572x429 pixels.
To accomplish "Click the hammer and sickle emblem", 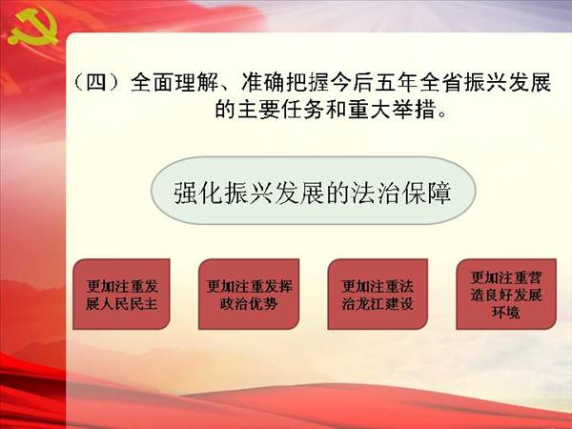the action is (x=33, y=28).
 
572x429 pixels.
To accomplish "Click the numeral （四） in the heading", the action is (x=96, y=82).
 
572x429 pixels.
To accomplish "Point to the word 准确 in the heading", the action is (x=263, y=83).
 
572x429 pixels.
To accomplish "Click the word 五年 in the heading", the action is (x=397, y=83).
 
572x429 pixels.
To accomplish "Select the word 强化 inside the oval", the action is (x=199, y=193).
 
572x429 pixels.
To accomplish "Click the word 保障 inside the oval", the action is (x=426, y=193).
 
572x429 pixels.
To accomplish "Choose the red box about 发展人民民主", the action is (x=121, y=294).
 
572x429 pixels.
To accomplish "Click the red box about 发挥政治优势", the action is (x=249, y=294).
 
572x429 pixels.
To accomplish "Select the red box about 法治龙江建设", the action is (x=378, y=294).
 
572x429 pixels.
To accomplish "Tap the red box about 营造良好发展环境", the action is (x=506, y=294).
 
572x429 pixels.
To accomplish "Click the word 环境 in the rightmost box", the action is (x=505, y=313).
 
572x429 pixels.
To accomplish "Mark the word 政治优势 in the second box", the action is (x=249, y=303).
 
